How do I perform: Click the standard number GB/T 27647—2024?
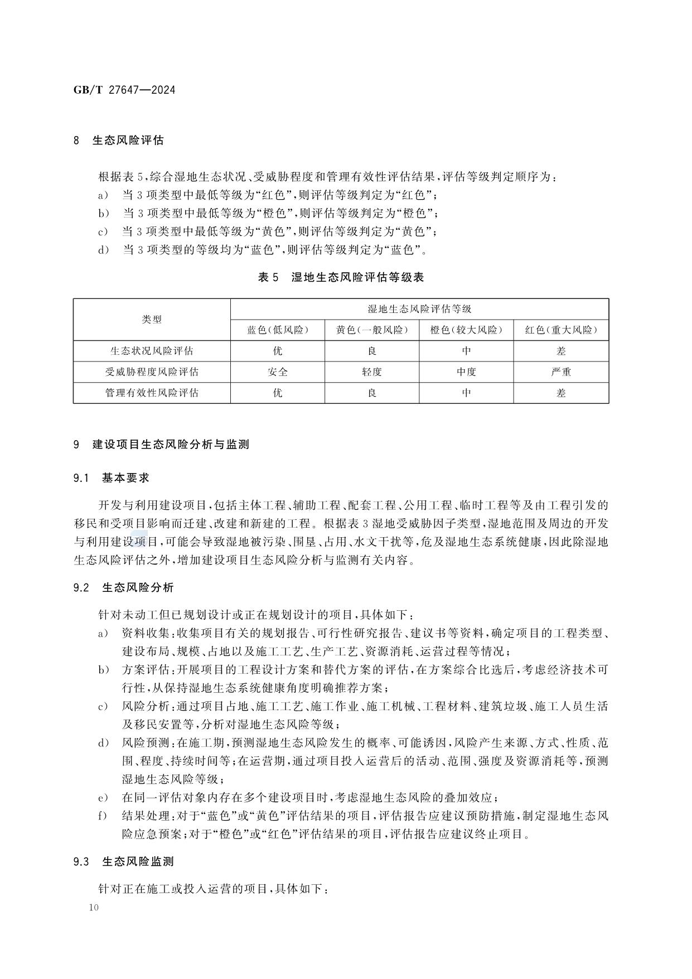(124, 90)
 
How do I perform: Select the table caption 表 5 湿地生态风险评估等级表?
(341, 277)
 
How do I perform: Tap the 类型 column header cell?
(152, 320)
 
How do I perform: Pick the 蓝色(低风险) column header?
(277, 330)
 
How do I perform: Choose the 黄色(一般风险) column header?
(371, 330)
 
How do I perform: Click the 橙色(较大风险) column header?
(466, 330)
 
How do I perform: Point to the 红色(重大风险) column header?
(561, 330)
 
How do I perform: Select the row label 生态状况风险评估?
(152, 351)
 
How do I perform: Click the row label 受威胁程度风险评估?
(152, 372)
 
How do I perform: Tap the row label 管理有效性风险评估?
(152, 393)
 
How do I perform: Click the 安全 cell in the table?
(277, 372)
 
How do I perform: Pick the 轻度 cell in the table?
(371, 372)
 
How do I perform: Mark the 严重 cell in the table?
(561, 372)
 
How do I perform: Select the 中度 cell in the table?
(466, 372)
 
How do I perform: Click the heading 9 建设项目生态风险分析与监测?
(161, 445)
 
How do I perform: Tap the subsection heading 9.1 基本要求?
(111, 478)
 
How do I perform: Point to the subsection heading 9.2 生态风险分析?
(123, 587)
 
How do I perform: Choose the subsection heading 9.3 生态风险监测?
(123, 862)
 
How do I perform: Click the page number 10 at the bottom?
(93, 908)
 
